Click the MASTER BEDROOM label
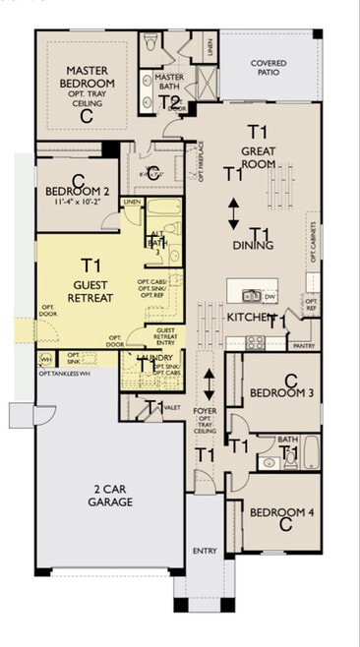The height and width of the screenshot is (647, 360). click(x=87, y=78)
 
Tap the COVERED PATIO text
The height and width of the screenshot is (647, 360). click(x=269, y=69)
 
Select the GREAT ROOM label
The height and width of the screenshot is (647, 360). click(x=259, y=158)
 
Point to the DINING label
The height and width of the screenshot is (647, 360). click(x=253, y=245)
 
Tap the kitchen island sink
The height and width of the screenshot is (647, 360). click(x=252, y=294)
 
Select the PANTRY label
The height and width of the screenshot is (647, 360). click(x=305, y=345)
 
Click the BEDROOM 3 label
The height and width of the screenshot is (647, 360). click(x=281, y=393)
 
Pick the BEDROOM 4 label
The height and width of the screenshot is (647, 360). click(x=281, y=512)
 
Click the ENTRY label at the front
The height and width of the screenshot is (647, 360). click(x=205, y=551)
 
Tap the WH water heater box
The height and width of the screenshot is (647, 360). click(x=45, y=359)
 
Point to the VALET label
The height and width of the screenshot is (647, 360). click(x=172, y=406)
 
